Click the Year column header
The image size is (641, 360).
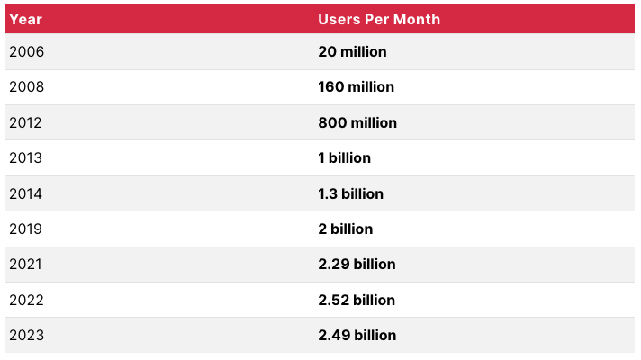coord(25,19)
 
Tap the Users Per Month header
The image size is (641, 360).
coord(379,19)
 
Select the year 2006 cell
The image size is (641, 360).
coord(27,51)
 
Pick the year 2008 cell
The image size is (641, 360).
coord(27,87)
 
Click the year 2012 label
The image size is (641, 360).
coord(26,122)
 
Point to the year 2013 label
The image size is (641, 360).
coord(26,157)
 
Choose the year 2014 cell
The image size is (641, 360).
coord(26,193)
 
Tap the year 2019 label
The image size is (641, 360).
coord(26,229)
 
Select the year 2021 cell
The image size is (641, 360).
coord(26,265)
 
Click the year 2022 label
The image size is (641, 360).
coord(27,300)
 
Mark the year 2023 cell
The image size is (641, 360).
coord(27,335)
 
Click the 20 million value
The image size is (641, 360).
coord(352,51)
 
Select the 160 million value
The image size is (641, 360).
coord(356,87)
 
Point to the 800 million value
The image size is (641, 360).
coord(357,122)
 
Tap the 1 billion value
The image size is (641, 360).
coord(344,157)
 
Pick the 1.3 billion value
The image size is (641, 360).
coord(350,193)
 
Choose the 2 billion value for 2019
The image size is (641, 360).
coord(345,229)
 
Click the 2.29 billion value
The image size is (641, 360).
coord(357,265)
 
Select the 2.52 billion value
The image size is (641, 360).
coord(357,300)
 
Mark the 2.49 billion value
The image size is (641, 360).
coord(357,335)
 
